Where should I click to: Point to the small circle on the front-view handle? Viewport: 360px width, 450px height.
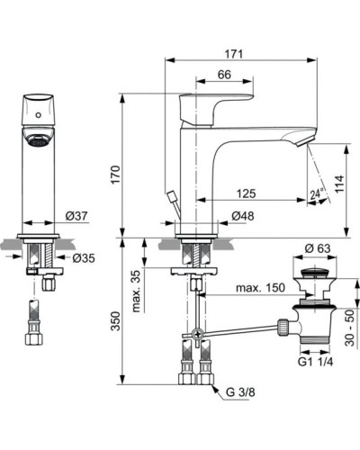(x=38, y=115)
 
